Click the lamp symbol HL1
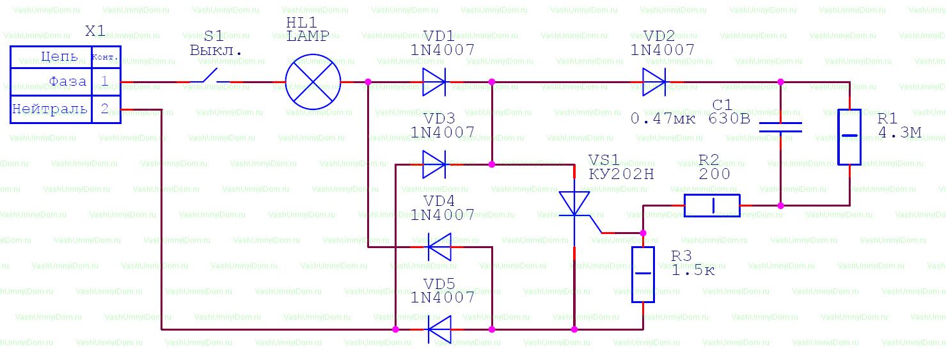pos(313,82)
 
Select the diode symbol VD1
pos(434,82)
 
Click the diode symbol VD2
pos(654,82)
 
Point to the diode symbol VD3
pos(434,164)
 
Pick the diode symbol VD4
pos(439,247)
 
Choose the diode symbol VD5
pos(439,329)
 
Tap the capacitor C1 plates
pos(780,127)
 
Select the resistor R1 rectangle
pos(849,137)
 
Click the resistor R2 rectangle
pos(712,205)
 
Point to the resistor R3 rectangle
pos(643,274)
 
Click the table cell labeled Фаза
pos(51,82)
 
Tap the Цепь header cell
pos(51,57)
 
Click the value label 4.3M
pos(900,133)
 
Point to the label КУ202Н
pos(622,174)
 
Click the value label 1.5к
pos(693,270)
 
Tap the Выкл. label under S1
pos(216,50)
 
